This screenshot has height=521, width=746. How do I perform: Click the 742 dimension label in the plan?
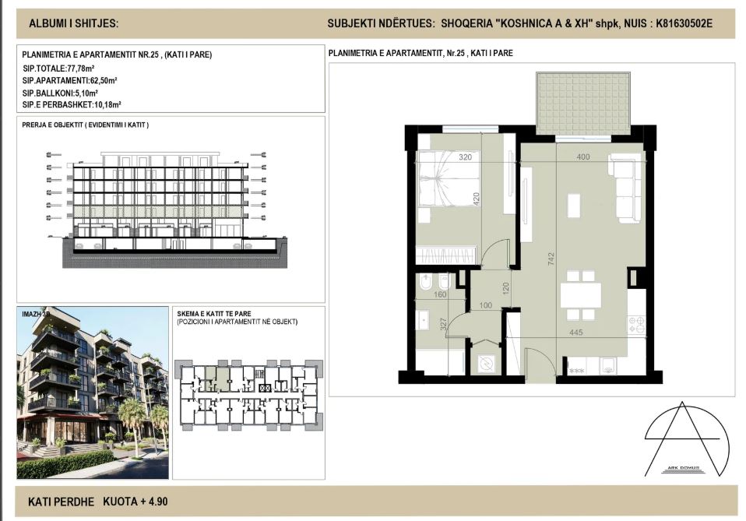551,259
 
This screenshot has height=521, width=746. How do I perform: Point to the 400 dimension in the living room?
583,157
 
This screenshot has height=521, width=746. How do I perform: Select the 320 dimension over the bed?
466,157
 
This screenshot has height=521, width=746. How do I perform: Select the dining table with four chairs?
581,294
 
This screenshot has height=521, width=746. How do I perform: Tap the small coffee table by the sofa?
574,206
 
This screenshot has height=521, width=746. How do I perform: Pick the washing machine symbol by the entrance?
487,362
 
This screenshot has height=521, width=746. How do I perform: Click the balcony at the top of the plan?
582,104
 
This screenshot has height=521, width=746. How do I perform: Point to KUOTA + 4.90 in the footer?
135,502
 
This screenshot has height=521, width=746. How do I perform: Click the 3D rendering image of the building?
93,393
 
